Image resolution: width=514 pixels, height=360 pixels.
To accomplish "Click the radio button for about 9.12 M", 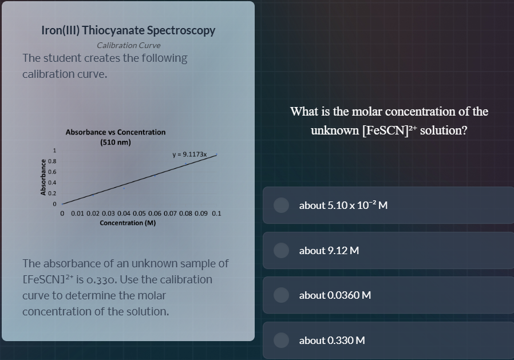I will [280, 250].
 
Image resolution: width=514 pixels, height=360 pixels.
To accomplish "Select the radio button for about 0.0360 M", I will [280, 295].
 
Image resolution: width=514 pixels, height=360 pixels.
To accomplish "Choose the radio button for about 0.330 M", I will [280, 340].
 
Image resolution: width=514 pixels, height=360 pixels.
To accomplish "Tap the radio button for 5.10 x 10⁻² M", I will [280, 205].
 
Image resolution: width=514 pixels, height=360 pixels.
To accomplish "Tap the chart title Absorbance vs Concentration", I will [116, 132].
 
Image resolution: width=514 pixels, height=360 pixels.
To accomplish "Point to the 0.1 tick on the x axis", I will [216, 214].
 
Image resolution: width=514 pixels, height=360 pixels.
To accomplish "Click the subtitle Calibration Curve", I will [129, 45].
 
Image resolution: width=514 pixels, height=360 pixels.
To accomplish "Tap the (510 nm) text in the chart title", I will [116, 141].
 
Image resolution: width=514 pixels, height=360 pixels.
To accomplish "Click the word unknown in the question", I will [335, 130].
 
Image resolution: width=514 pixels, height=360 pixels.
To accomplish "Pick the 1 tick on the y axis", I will [54, 151].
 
